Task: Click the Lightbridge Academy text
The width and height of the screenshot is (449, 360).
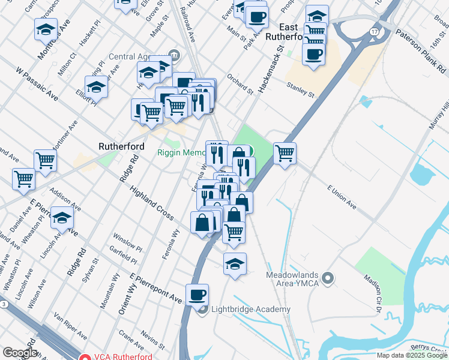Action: [x=250, y=310]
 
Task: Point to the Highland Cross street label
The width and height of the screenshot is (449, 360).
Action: [x=152, y=203]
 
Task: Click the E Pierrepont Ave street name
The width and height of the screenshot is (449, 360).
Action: [x=155, y=287]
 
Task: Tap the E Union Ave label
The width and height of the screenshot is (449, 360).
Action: [x=342, y=197]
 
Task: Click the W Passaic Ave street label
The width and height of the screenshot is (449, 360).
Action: [x=37, y=88]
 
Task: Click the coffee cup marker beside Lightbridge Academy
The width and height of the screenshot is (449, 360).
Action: [x=197, y=295]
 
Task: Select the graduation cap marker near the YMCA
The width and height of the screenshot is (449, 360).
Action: [x=235, y=263]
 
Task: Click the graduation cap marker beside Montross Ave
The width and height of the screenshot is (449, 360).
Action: [x=45, y=29]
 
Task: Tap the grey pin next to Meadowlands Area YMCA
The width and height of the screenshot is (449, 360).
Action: [x=327, y=278]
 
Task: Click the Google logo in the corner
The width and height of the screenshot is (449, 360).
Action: [x=19, y=353]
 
